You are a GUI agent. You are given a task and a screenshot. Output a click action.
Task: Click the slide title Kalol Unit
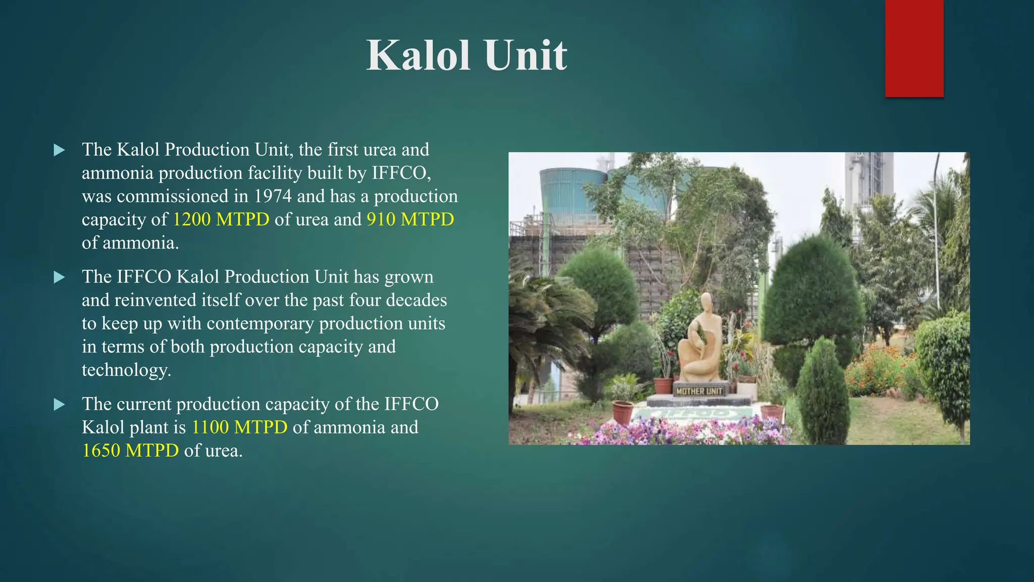click(467, 55)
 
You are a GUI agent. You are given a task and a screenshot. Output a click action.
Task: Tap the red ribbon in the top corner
click(914, 48)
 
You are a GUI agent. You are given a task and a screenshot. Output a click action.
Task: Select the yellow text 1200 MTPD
click(221, 219)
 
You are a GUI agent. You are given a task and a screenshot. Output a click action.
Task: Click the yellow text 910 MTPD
click(410, 219)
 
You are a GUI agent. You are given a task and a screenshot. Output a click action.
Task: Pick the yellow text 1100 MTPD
click(239, 427)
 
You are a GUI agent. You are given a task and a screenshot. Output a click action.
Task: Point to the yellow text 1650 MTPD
click(130, 451)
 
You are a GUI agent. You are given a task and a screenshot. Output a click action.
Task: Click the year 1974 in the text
click(273, 196)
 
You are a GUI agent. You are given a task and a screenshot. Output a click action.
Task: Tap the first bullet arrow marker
click(60, 150)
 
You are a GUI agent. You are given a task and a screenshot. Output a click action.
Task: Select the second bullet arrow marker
click(60, 277)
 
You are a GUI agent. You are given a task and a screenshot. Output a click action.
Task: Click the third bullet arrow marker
click(60, 405)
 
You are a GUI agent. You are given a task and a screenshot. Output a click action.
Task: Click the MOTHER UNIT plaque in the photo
click(699, 391)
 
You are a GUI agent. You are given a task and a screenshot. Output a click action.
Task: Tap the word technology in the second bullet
click(126, 370)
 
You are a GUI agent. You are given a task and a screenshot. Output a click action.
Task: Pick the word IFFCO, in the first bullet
click(401, 173)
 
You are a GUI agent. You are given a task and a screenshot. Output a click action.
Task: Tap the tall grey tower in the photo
click(868, 182)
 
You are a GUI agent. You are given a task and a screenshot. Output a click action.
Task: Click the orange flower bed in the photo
click(878, 371)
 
